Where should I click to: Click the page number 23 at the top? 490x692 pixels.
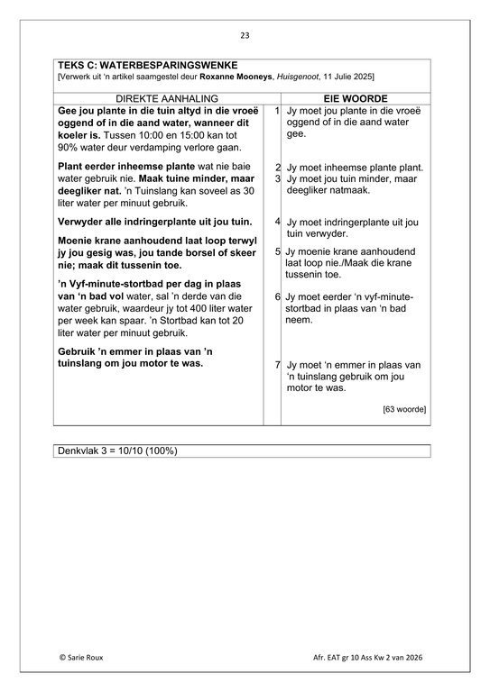tap(245, 35)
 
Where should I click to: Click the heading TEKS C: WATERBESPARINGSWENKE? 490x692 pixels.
tap(147, 66)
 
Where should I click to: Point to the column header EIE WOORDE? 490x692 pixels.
tap(355, 97)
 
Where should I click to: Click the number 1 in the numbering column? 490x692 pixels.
tap(276, 110)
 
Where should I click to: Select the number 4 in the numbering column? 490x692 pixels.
tap(276, 221)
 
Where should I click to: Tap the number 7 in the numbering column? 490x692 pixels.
tap(276, 365)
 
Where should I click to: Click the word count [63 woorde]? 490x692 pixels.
tap(404, 409)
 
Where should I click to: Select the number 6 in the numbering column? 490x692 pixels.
tap(276, 296)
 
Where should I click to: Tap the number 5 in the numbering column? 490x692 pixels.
tap(276, 251)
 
